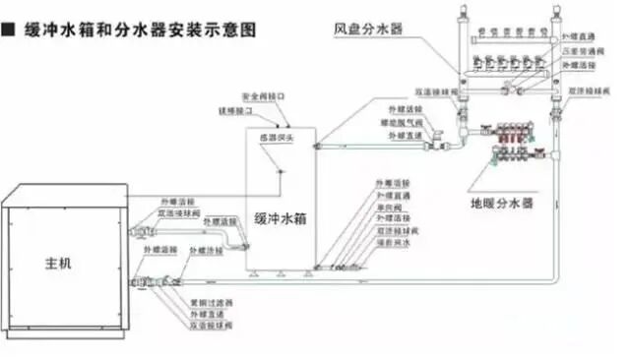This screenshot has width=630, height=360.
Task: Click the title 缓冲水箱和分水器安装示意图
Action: [138, 30]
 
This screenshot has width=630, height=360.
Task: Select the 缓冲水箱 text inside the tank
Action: [281, 220]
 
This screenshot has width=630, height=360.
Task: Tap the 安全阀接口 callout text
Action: [265, 98]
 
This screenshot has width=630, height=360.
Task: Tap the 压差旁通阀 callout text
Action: [581, 49]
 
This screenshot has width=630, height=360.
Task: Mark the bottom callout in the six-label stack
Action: [392, 241]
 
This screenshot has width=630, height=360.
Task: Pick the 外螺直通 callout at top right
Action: [579, 35]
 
